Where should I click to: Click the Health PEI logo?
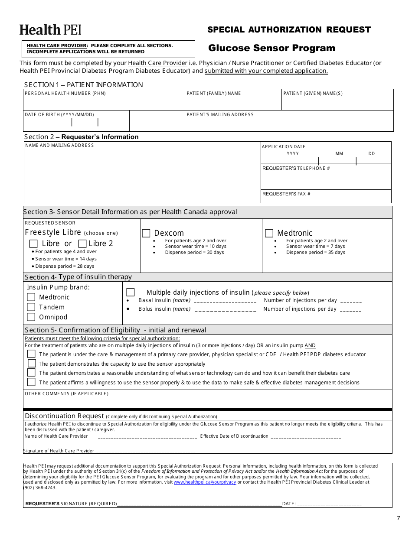coord(50,29)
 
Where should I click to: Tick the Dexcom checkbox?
coord(146,233)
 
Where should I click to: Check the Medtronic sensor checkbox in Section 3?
coord(269,233)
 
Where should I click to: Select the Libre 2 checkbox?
coord(82,244)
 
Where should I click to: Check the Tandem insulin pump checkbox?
coord(31,307)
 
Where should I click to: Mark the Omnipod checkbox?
coord(31,317)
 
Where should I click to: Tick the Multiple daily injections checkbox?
coord(130,292)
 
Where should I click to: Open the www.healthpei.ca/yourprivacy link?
coord(205,482)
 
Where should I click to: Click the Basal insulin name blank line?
coord(225,301)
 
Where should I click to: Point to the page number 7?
coord(398,518)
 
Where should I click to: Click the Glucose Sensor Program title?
coord(271,48)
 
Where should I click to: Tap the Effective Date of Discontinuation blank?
coord(306,437)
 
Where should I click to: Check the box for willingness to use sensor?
coord(31,382)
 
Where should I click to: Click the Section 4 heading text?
coord(78,277)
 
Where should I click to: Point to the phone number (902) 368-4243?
coord(39,487)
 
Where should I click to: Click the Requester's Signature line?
coord(199,504)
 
